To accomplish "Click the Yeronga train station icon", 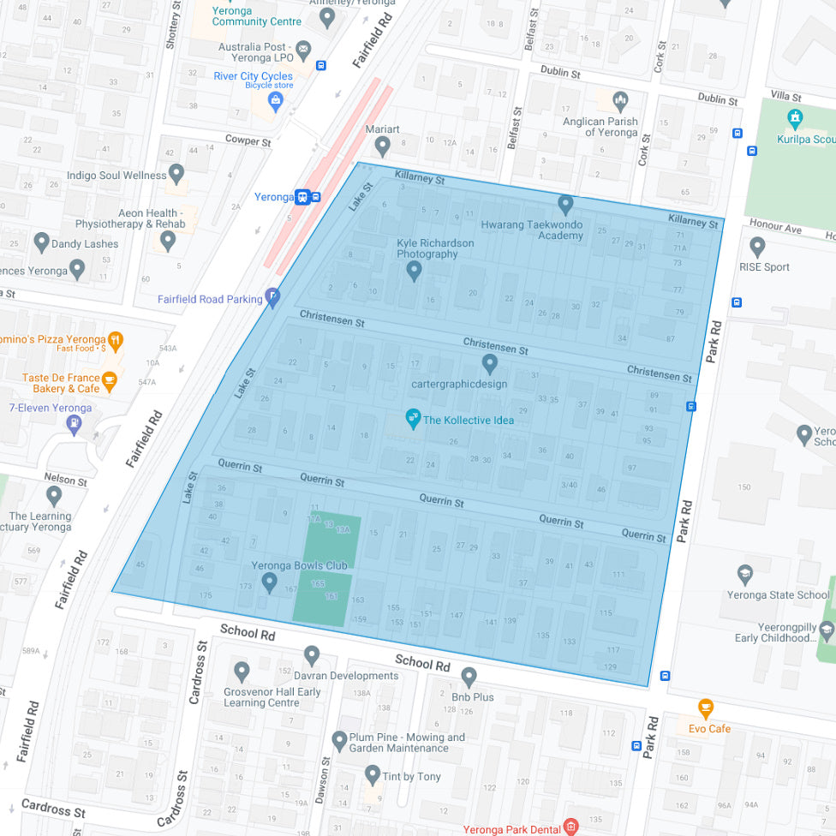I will point(302,196).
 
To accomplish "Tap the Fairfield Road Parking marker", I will point(273,297).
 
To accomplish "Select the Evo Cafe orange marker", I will point(705,708).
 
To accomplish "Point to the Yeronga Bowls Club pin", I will point(269,583).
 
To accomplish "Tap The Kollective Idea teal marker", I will point(413,420).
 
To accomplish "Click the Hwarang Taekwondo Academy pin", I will point(565,205).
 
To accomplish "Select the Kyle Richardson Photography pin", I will point(414,271).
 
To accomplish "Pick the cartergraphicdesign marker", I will point(490,364).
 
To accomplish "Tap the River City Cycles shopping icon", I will point(275,102).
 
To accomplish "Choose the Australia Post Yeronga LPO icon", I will point(303,46).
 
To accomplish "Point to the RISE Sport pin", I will point(757,248).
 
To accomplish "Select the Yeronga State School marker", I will point(745,575).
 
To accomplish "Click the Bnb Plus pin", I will point(469,678).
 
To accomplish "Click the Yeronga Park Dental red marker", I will point(570,827).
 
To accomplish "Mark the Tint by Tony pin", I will point(372,775).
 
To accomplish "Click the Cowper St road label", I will point(248,140).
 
